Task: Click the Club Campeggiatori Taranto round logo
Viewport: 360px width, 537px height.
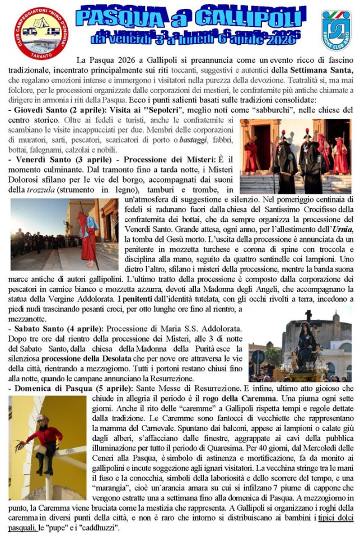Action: [x=40, y=32]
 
